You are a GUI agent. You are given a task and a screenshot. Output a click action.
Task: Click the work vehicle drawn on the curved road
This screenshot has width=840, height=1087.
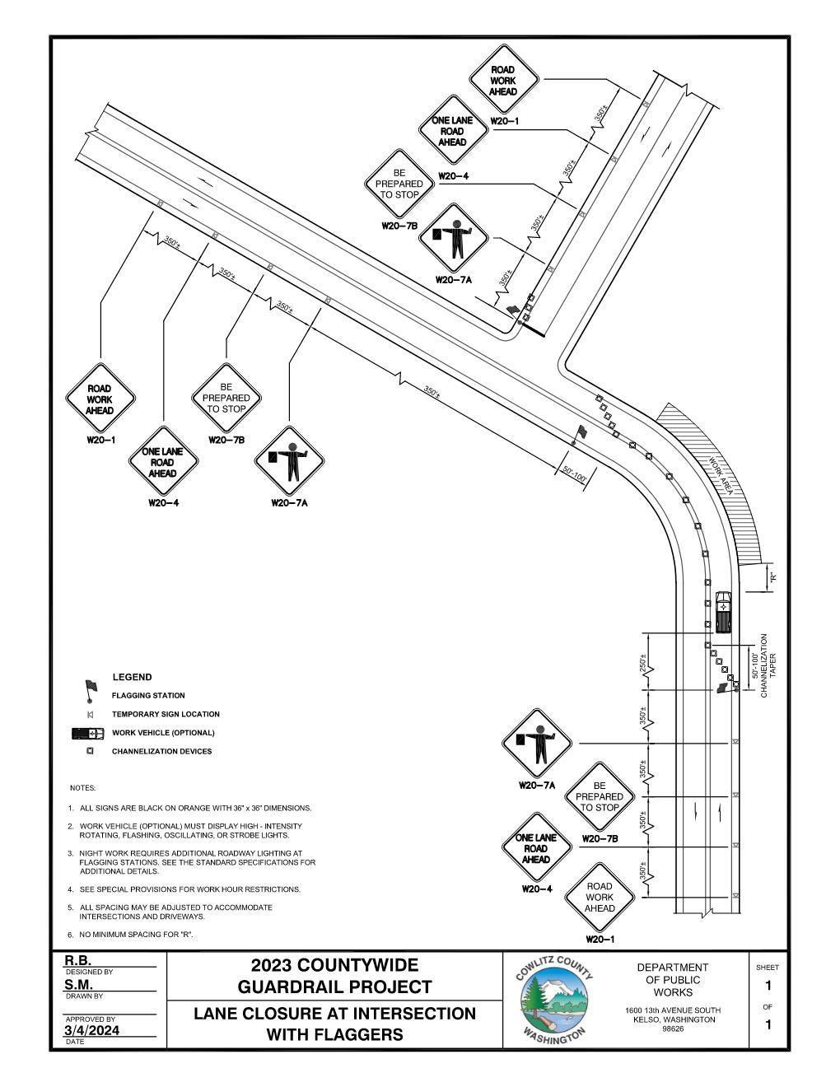(723, 611)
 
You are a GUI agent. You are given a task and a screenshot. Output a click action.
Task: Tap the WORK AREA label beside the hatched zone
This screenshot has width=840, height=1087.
(721, 475)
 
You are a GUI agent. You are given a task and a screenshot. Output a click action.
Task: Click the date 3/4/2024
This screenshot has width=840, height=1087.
(91, 1030)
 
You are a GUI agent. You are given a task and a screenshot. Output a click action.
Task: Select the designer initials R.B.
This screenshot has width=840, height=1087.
(78, 960)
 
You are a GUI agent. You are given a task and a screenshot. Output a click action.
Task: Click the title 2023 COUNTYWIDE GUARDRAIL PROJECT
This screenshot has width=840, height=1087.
(334, 976)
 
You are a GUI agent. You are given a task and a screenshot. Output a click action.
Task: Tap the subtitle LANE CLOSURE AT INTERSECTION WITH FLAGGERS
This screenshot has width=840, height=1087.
(334, 1024)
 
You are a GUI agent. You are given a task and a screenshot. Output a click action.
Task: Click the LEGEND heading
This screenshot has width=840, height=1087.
(132, 677)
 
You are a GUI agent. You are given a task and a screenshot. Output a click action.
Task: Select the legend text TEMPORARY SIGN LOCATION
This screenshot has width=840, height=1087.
(166, 714)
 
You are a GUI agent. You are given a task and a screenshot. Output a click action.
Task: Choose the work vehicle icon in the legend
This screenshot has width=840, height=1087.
(88, 733)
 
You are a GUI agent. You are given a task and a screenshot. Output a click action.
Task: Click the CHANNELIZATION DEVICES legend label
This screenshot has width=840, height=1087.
(161, 751)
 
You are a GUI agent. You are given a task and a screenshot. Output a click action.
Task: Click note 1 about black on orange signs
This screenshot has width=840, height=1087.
(195, 808)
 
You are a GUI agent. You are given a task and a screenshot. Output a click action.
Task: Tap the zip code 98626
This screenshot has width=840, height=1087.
(674, 1029)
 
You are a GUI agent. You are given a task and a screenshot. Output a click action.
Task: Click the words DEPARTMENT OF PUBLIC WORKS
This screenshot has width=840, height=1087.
(674, 979)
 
